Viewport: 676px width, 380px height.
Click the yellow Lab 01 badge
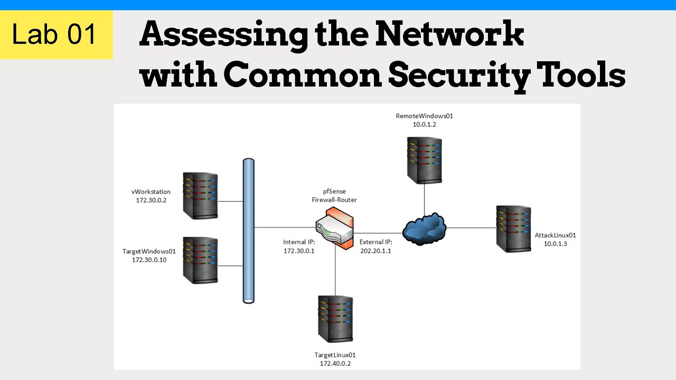tap(56, 35)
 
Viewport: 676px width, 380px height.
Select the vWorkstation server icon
tap(200, 195)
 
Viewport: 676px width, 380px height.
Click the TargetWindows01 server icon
tap(200, 260)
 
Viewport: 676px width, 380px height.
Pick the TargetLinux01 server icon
tap(335, 319)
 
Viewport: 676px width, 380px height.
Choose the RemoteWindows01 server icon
tap(425, 159)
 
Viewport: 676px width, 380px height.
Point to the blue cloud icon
tap(424, 228)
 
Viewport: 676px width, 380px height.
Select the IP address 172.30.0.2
tap(151, 201)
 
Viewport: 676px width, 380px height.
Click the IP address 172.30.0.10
tap(149, 260)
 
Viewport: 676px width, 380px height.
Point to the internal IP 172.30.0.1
tap(299, 251)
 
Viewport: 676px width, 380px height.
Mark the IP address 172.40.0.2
tap(335, 364)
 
